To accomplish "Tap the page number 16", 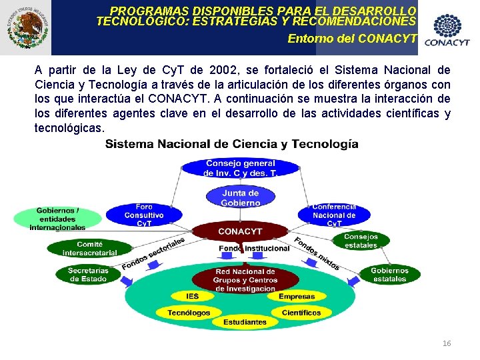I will [x=447, y=343].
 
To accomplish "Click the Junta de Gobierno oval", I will [x=241, y=198].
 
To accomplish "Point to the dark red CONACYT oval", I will [x=240, y=231].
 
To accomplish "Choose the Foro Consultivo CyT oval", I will [x=144, y=215].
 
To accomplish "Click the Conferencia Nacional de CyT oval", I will [x=334, y=215].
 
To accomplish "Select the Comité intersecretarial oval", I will [x=89, y=248].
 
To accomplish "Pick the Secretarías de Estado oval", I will [x=88, y=274].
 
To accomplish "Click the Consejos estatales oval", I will [x=361, y=241].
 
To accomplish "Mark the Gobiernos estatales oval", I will [x=389, y=274].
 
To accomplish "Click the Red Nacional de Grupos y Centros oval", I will [x=245, y=280].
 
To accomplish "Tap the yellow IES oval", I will [x=193, y=296].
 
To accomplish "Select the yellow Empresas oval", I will [x=297, y=296].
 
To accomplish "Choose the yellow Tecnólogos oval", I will [x=189, y=312].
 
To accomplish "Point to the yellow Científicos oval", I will [x=301, y=312].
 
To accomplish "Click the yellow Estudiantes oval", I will [x=245, y=322].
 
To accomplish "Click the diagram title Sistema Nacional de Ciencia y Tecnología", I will [x=231, y=144].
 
